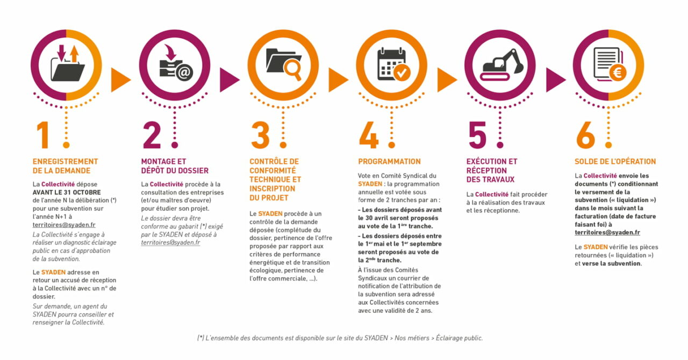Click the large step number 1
(44, 135)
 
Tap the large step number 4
(369, 135)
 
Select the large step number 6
(585, 135)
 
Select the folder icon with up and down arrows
(67, 63)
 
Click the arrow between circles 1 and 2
(120, 80)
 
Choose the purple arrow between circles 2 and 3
(230, 80)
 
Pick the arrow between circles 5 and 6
(556, 80)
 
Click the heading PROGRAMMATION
(389, 162)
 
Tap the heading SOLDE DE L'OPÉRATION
(615, 162)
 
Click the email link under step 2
(170, 242)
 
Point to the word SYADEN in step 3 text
(270, 213)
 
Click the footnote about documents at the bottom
(340, 338)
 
